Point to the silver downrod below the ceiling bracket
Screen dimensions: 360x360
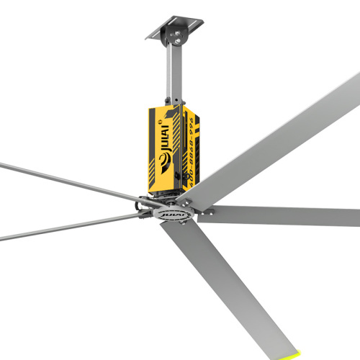pos(171,76)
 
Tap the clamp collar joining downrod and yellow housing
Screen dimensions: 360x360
pos(171,101)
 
